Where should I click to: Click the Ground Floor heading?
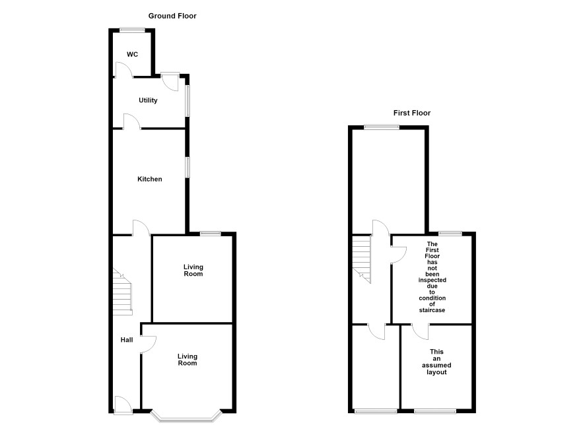pos(172,16)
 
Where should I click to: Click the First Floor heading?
pos(412,113)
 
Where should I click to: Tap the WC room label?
pos(133,54)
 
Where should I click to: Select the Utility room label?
pos(148,100)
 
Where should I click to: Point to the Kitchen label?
pos(150,179)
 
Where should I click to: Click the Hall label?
pos(127,340)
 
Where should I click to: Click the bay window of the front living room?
pos(186,416)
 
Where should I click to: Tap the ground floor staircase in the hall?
pos(122,292)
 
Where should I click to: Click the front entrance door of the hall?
pos(123,405)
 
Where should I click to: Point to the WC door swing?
pos(124,70)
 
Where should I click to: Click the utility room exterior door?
pos(170,82)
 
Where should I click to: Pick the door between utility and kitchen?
pos(132,122)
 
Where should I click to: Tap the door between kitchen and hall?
pos(141,228)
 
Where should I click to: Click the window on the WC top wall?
pos(133,30)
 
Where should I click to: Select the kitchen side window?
pos(188,168)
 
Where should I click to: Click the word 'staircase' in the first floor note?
pos(432,310)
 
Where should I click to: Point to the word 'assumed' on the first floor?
pos(436,366)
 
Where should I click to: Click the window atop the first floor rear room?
pos(382,127)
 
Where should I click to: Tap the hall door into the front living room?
pos(148,344)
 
